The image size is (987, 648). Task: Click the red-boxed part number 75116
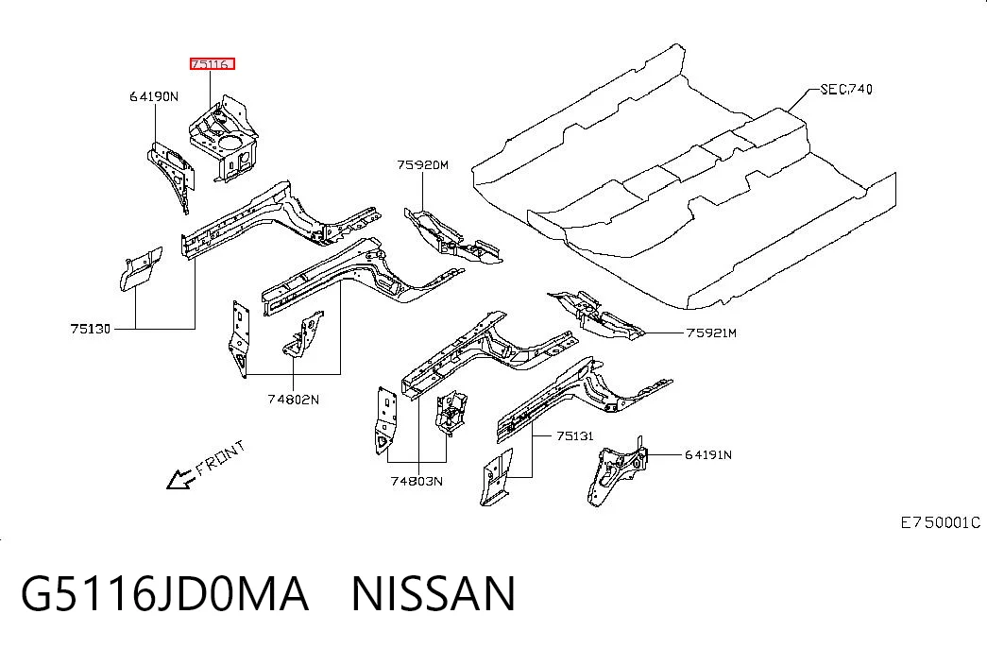click(x=213, y=63)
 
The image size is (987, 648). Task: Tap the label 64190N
click(x=154, y=96)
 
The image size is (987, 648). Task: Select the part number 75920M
click(x=422, y=165)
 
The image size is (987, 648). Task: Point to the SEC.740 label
click(x=846, y=90)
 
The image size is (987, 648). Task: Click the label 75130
click(x=90, y=329)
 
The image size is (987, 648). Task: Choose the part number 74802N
click(x=294, y=400)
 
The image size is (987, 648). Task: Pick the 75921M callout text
click(x=711, y=333)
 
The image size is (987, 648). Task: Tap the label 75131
click(x=575, y=435)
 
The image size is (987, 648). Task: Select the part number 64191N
click(x=708, y=454)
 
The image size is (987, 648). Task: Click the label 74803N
click(x=417, y=481)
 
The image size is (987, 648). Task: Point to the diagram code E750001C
click(x=941, y=522)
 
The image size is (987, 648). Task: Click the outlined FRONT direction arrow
click(x=180, y=480)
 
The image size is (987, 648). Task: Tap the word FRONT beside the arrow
click(x=220, y=458)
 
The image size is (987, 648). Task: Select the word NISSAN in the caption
click(x=434, y=593)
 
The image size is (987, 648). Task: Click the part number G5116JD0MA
click(x=165, y=593)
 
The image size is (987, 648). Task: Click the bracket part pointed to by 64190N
click(x=171, y=175)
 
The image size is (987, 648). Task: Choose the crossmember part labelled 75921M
click(x=595, y=316)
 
